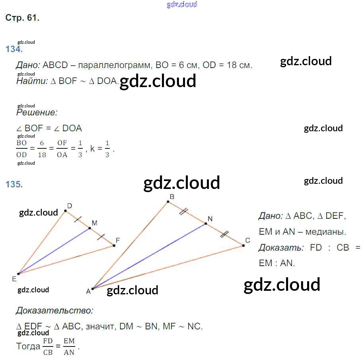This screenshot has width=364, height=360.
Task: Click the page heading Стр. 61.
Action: pyautogui.click(x=22, y=18)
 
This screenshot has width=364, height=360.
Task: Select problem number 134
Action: pyautogui.click(x=14, y=49)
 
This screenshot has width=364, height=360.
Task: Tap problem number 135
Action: pyautogui.click(x=14, y=184)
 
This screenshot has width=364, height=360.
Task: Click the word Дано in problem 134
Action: pyautogui.click(x=27, y=65)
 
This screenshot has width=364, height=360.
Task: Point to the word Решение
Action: pyautogui.click(x=37, y=113)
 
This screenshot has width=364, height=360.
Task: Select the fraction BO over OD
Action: pyautogui.click(x=21, y=149)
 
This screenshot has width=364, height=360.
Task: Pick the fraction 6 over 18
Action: pyautogui.click(x=42, y=149)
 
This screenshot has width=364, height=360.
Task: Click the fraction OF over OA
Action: pyautogui.click(x=62, y=149)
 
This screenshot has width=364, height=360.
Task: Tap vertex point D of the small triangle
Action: pyautogui.click(x=65, y=211)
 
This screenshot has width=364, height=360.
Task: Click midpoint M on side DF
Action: pyautogui.click(x=90, y=228)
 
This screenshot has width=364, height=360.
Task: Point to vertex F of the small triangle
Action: pyautogui.click(x=114, y=245)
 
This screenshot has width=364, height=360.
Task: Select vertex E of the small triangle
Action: pyautogui.click(x=18, y=274)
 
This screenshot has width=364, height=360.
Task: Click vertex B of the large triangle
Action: pyautogui.click(x=168, y=202)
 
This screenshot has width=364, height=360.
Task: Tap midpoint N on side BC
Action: pyautogui.click(x=206, y=224)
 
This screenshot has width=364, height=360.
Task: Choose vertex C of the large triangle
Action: pyautogui.click(x=243, y=246)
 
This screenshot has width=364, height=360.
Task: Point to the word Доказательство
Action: pyautogui.click(x=55, y=310)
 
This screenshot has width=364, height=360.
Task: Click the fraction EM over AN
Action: pyautogui.click(x=69, y=346)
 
